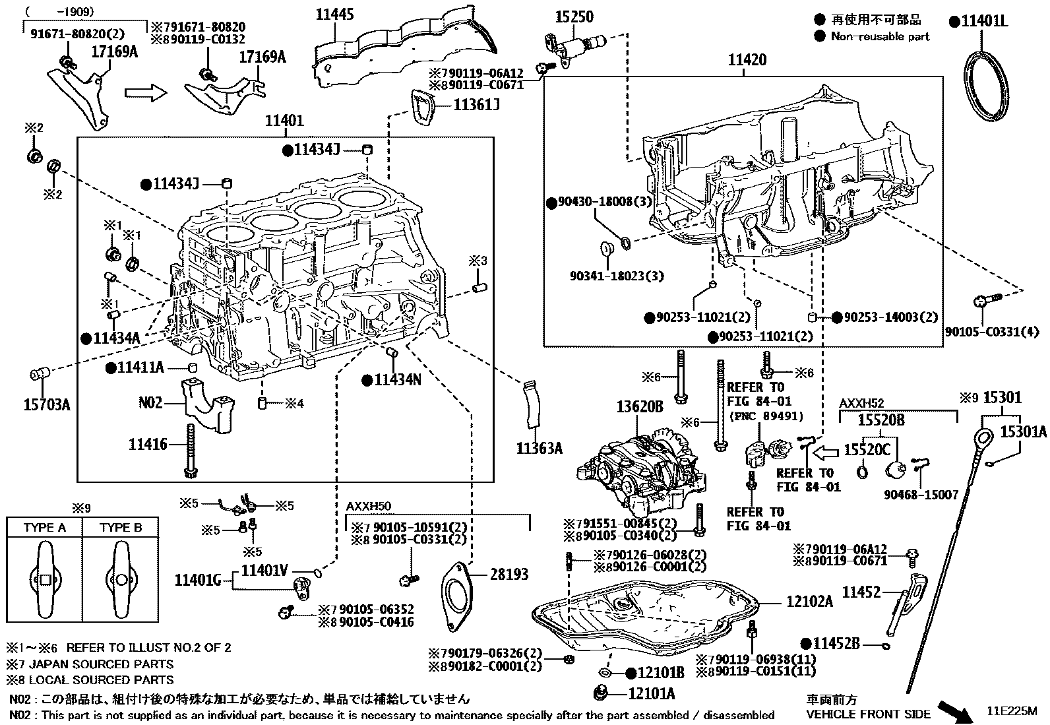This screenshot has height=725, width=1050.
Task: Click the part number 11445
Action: [334, 14]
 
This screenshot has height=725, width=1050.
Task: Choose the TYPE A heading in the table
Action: [45, 528]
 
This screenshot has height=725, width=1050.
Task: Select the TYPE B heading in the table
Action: [121, 528]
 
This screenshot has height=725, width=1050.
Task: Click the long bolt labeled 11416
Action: [191, 449]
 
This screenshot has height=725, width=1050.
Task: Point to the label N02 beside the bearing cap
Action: [150, 402]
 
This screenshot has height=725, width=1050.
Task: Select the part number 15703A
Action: [46, 404]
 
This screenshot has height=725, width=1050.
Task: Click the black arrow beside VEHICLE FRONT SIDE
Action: [954, 710]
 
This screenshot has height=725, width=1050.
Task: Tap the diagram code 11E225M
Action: [1012, 712]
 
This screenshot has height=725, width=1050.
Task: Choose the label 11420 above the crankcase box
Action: [747, 60]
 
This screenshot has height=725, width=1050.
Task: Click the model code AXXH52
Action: [861, 403]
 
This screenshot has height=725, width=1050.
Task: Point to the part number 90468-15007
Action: [921, 495]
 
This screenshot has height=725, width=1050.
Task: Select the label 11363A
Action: [539, 449]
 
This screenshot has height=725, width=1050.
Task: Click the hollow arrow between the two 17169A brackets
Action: [145, 93]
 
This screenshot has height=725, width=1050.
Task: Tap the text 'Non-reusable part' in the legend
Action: [880, 36]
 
